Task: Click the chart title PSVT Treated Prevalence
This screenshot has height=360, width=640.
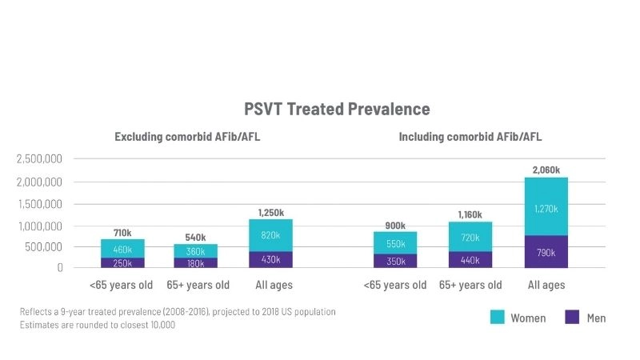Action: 337,110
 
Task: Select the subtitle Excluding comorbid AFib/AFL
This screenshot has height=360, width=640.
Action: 187,137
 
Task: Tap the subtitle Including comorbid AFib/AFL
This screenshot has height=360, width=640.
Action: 470,137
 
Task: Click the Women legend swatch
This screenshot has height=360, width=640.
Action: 498,318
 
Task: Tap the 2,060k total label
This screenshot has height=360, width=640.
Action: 546,170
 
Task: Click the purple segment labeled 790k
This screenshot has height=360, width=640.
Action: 546,252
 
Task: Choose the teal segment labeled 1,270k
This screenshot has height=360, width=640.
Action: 546,207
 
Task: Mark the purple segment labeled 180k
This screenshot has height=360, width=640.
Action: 195,262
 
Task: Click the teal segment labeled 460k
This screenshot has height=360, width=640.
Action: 122,249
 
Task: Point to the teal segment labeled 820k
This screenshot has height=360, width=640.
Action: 270,235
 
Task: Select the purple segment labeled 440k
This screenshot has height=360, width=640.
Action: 470,259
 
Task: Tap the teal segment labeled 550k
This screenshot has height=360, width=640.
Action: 395,243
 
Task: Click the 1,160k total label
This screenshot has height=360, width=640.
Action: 470,214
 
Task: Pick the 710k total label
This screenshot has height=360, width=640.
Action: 122,233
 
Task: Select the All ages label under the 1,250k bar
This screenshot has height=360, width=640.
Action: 274,285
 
